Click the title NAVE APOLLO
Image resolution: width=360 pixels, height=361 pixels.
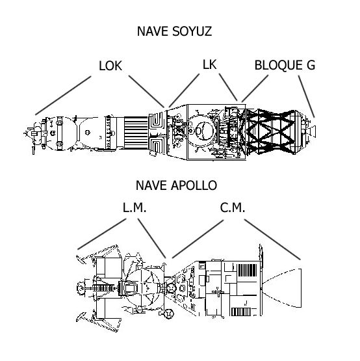coord(175,185)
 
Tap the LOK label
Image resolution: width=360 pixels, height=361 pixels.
coord(110,66)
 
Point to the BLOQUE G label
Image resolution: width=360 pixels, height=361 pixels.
coord(284,66)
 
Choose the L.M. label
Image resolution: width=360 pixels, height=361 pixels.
coord(135,208)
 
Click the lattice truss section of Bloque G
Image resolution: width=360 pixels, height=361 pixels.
coord(268,133)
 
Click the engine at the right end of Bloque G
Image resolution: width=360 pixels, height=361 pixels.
coord(313,130)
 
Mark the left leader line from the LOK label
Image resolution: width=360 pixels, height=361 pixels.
coord(63,95)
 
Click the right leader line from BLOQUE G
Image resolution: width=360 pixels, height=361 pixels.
coord(307,96)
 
